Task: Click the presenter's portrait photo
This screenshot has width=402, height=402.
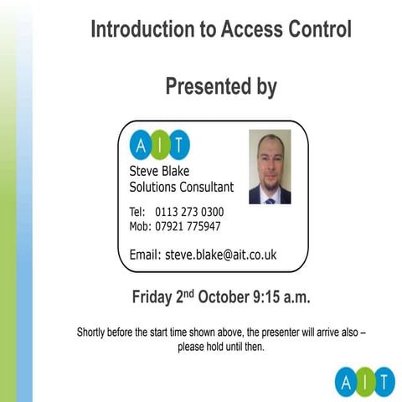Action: point(270,167)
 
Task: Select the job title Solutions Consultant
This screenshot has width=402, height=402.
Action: point(182,188)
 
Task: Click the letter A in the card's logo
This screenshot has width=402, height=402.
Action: point(140,144)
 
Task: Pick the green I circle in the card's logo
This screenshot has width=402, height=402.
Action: point(159,144)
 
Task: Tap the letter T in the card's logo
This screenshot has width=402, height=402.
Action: point(178,144)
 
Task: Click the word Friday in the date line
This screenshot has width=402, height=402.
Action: point(154,297)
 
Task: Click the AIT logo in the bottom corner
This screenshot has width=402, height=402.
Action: point(364,381)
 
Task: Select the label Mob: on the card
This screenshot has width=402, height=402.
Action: point(140,226)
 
